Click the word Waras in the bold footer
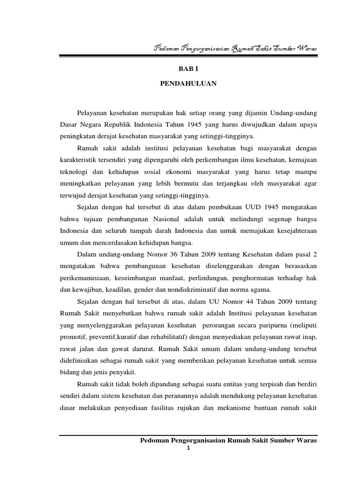[307, 441]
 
